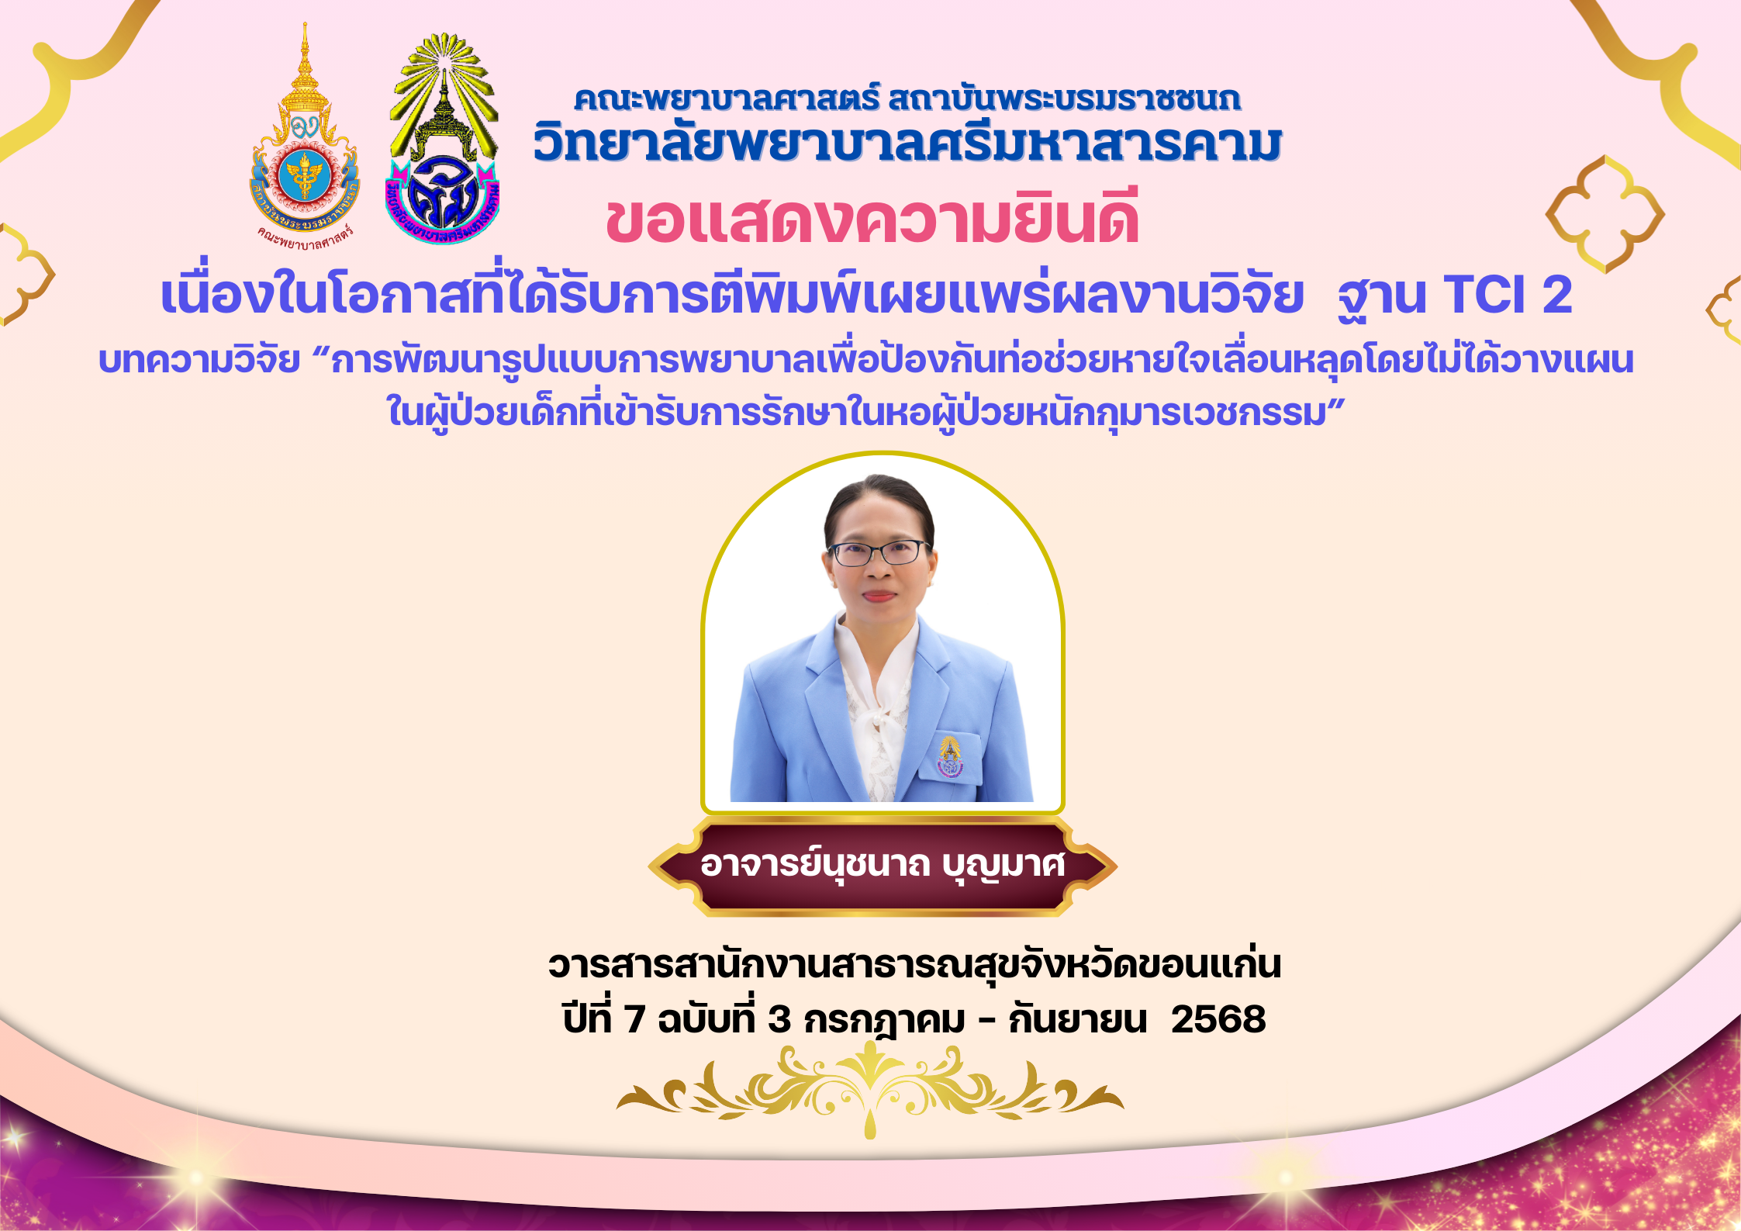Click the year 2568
click(x=1218, y=1019)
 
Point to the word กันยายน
click(x=1077, y=1019)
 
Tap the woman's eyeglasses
click(x=878, y=552)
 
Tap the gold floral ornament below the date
click(x=870, y=1090)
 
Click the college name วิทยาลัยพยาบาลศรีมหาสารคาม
click(x=907, y=144)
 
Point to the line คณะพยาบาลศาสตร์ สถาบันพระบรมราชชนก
click(x=907, y=99)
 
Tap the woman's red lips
click(x=879, y=596)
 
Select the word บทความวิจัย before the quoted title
click(x=199, y=361)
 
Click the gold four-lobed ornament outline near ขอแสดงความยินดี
click(x=1605, y=214)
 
